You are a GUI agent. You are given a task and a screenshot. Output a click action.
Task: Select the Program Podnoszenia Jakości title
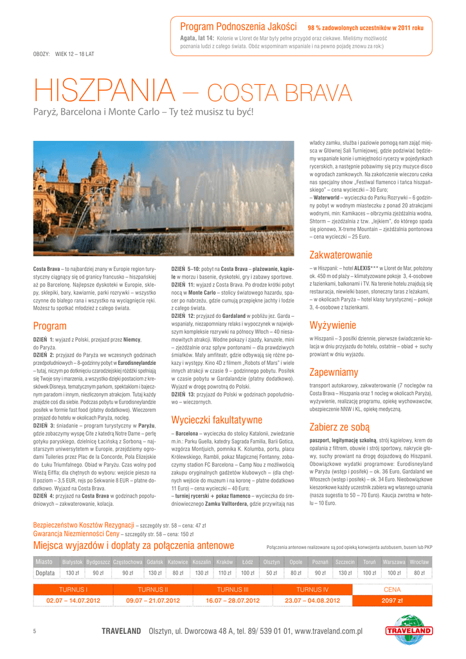[238, 27]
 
